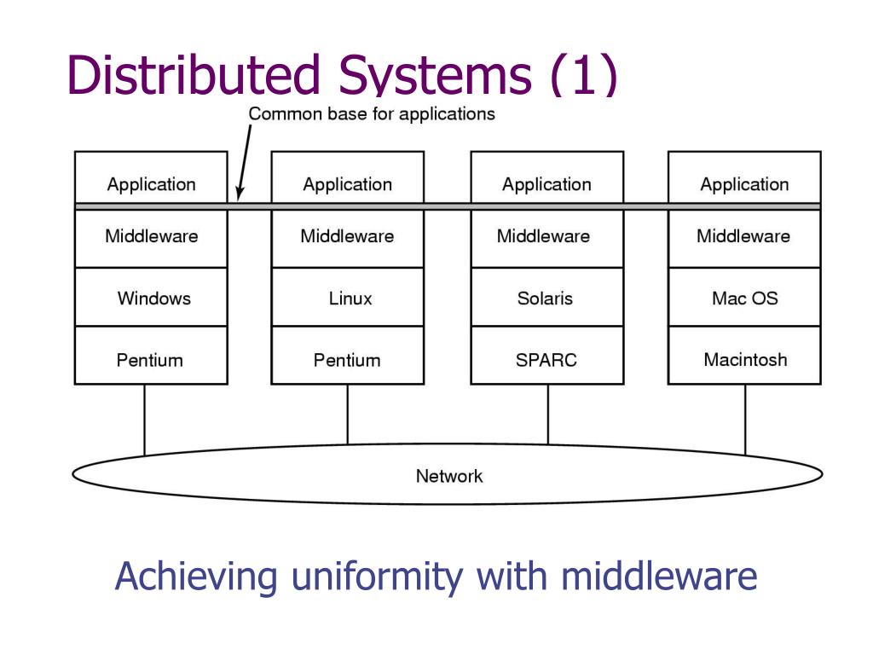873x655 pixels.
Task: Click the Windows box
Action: point(151,297)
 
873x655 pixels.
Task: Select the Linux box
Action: point(348,297)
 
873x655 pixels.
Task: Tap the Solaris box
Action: point(547,297)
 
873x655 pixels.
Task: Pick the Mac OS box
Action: point(744,297)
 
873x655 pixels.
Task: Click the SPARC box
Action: point(547,356)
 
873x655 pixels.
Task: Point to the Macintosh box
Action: point(744,356)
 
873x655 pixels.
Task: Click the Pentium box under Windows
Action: point(151,356)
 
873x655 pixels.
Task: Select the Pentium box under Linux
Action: point(348,356)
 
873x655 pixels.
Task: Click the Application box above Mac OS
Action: point(744,177)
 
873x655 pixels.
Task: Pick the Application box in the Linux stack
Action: point(348,177)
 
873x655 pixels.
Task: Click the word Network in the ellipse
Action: point(449,476)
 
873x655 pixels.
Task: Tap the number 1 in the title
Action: point(584,75)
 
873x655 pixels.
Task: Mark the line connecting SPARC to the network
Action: point(548,414)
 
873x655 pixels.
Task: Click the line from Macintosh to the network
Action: point(745,420)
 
